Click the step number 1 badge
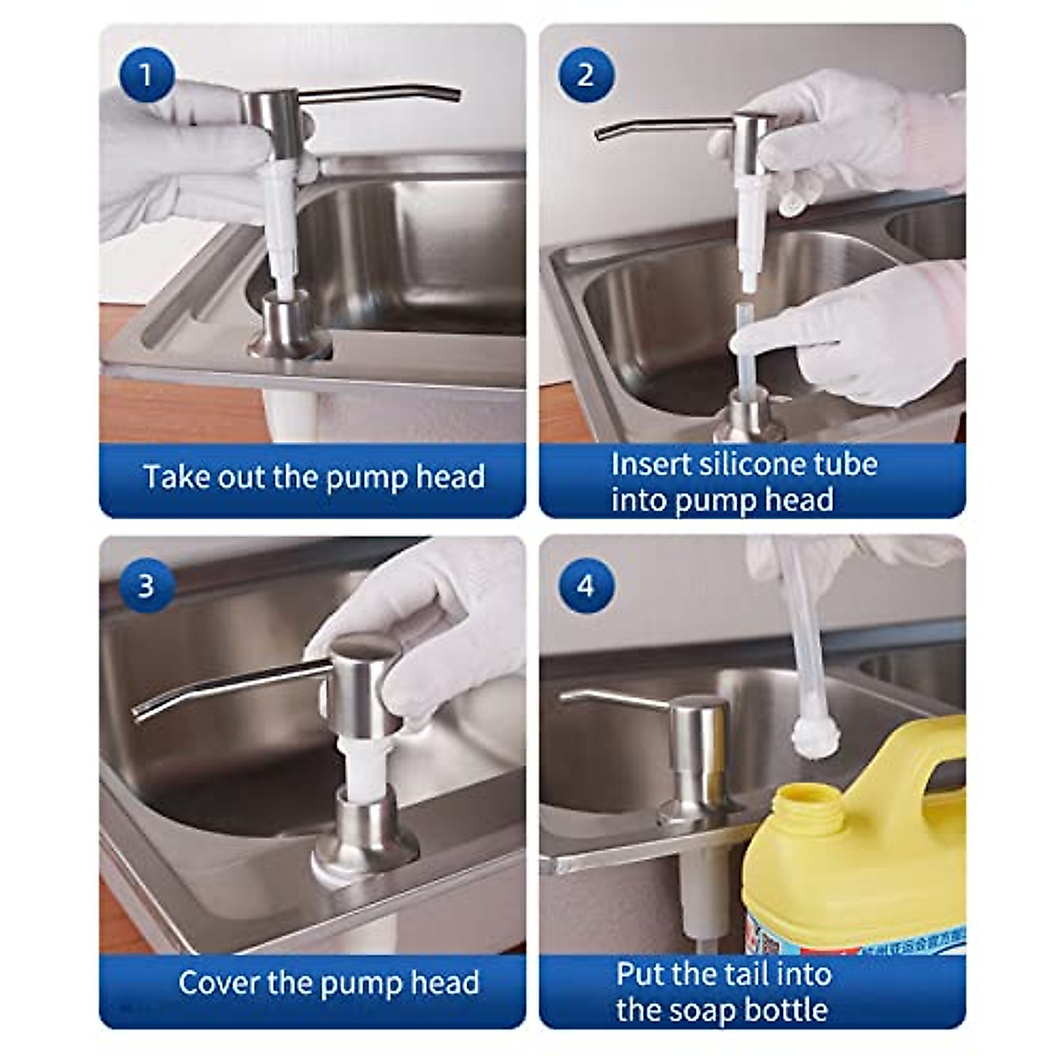(x=146, y=75)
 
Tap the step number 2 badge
(x=585, y=75)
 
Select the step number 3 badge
(x=146, y=586)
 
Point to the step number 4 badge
(x=585, y=586)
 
